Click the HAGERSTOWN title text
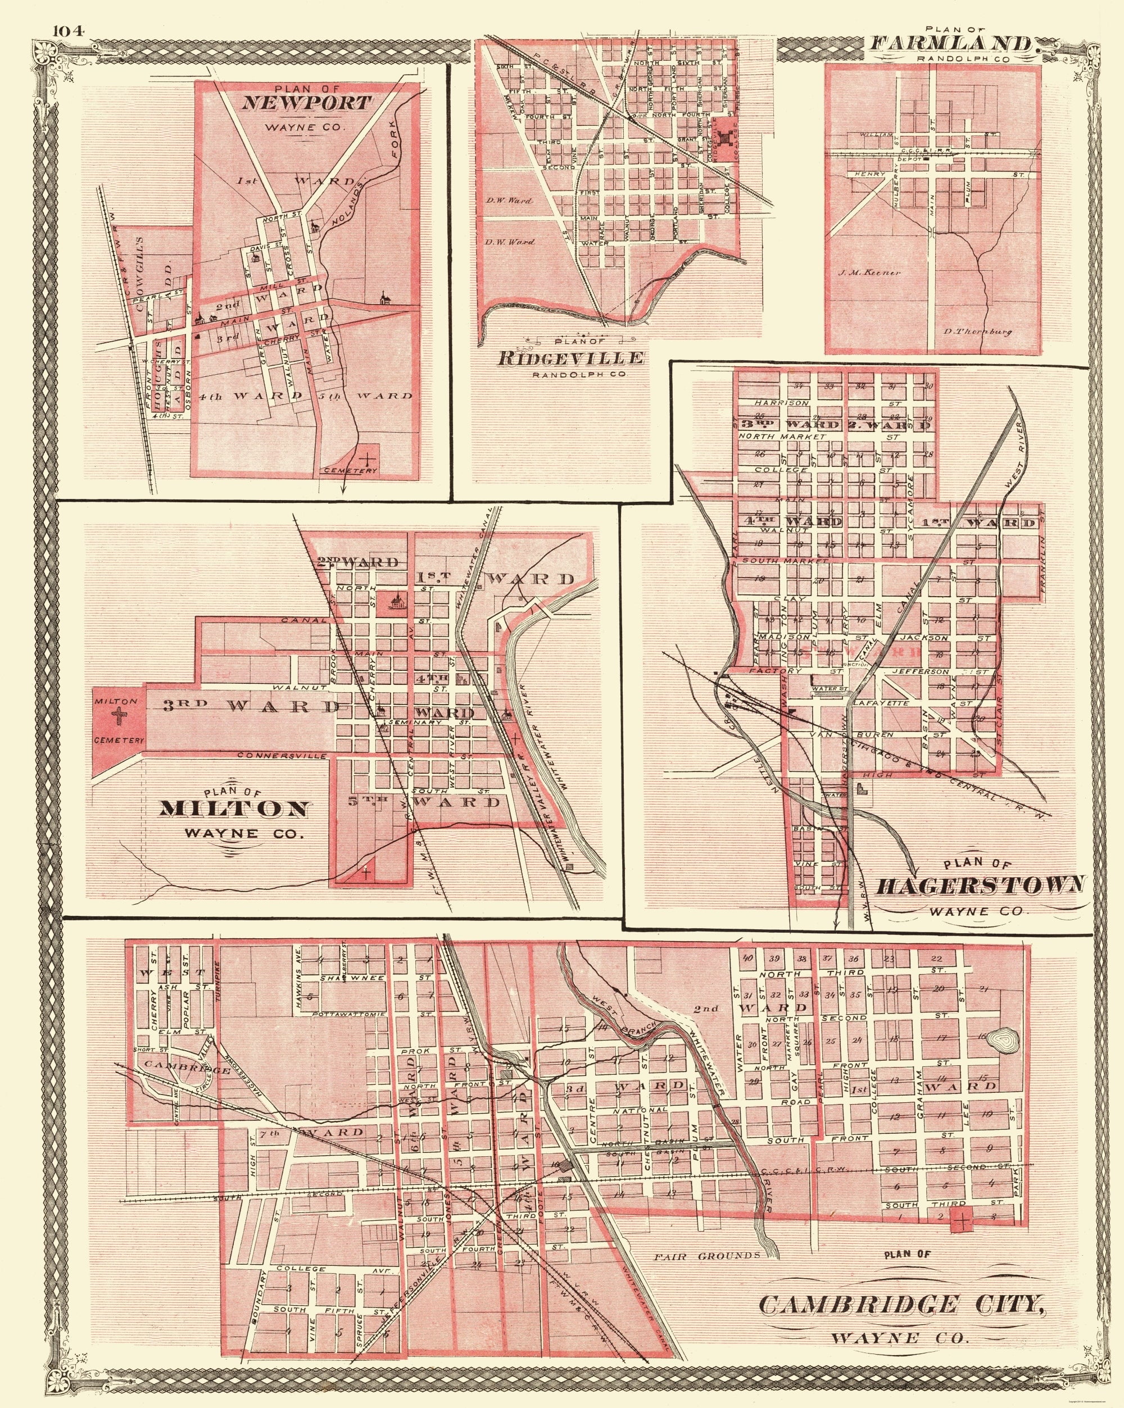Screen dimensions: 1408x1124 pos(979,887)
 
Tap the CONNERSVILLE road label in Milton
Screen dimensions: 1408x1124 pos(281,756)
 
